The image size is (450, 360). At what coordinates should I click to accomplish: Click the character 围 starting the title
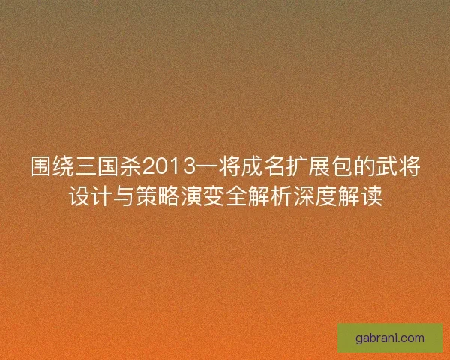point(40,166)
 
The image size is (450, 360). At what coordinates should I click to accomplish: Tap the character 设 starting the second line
point(79,196)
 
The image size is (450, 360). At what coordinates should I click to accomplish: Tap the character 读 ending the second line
point(371,196)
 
